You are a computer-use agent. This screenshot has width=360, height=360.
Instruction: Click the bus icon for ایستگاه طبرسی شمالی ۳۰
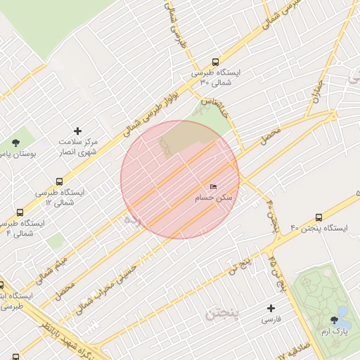(x=214, y=60)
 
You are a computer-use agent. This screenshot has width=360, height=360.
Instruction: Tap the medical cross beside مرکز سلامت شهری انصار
(x=78, y=131)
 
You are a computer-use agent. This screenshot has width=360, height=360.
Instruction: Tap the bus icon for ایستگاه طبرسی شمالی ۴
(x=20, y=212)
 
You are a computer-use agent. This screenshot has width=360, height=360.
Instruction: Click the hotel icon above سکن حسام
(x=213, y=186)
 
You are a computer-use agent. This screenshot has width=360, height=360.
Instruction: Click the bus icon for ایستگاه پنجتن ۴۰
(x=319, y=217)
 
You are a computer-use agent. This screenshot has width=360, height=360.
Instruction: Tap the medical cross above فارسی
(x=271, y=308)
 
